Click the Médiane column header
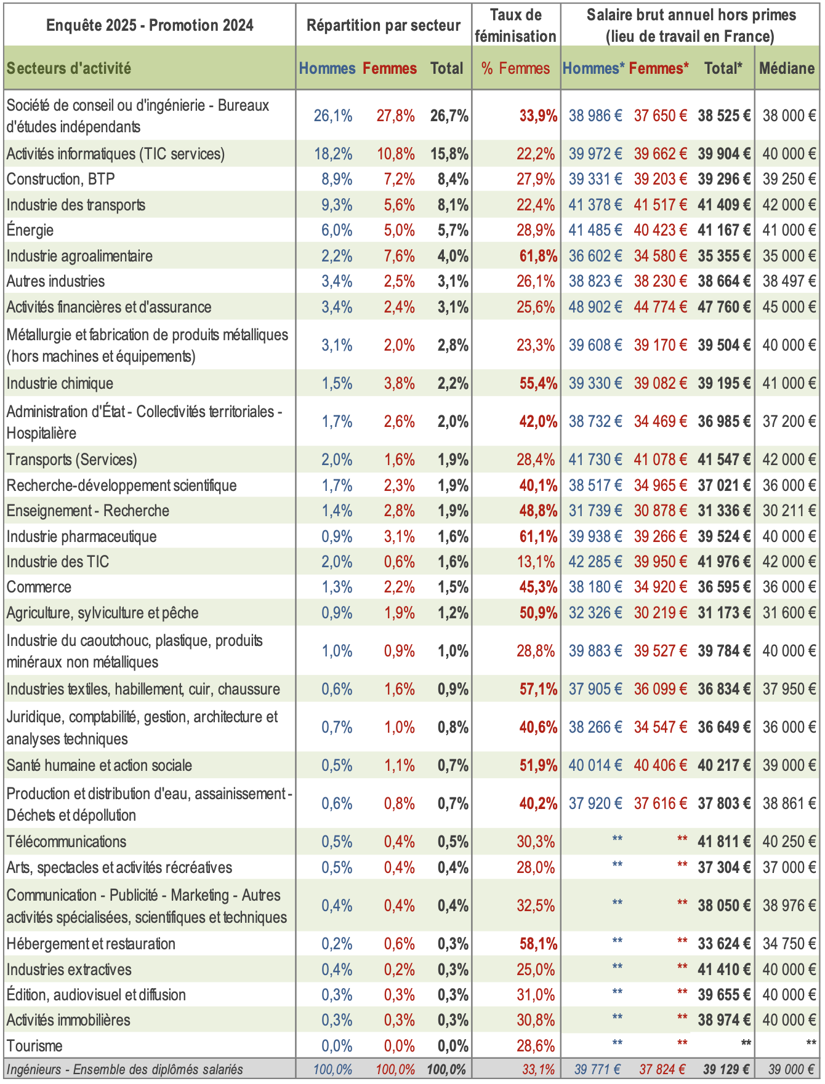coord(787,68)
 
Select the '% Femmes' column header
coord(516,68)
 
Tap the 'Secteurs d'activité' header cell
coord(69,68)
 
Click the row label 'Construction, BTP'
coord(61,179)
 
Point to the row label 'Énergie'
coord(30,230)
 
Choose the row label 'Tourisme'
coord(34,1045)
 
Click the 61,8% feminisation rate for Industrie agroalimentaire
coord(538,256)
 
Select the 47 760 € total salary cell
coord(724,307)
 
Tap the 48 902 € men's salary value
coord(595,307)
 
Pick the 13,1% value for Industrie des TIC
coord(536,562)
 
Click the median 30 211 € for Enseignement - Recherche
coord(789,511)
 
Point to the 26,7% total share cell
coord(449,116)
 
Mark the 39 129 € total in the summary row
coord(726,1069)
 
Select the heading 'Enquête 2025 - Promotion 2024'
coord(150,25)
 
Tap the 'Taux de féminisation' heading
coord(516,25)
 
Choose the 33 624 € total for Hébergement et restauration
coord(724,944)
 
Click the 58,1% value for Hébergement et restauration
coord(538,944)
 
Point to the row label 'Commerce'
coord(39,587)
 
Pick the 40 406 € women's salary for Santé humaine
coord(661,765)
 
